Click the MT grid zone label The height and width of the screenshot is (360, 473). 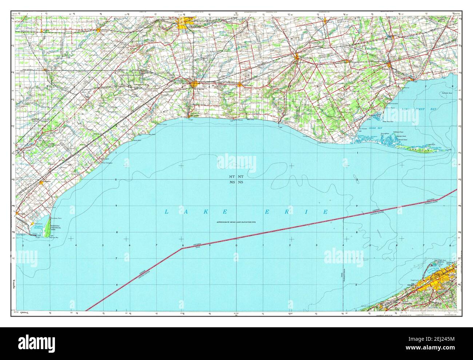232,177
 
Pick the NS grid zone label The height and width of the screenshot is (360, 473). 241,182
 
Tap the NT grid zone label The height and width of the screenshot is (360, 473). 241,177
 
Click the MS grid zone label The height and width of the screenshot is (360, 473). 232,182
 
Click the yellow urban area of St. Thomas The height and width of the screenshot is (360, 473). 194,84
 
